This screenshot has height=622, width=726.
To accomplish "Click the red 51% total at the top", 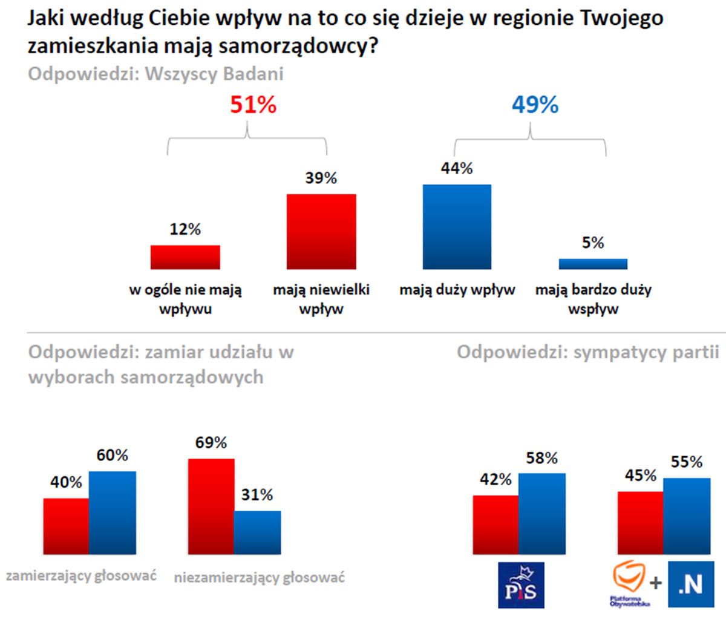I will [x=253, y=105].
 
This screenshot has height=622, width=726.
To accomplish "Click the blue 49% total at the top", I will [x=535, y=105].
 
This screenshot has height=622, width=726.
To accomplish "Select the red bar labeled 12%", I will [x=185, y=257].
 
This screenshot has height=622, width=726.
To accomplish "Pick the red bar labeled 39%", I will [x=321, y=231].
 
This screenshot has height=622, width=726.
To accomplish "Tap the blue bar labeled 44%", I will [x=457, y=226].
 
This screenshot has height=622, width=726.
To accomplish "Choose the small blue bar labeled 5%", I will [x=593, y=264].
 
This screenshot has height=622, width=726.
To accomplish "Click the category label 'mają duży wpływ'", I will [x=457, y=290].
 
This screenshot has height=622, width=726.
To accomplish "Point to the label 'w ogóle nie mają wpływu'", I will [x=185, y=299].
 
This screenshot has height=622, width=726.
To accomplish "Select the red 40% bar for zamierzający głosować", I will [x=66, y=526].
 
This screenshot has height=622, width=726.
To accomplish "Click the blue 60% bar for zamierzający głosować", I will [x=113, y=513].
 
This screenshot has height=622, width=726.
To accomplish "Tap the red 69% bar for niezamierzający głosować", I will [x=211, y=507].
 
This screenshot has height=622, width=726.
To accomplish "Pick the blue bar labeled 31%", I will [x=258, y=532].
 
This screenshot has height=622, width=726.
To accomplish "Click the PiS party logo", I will [x=521, y=585].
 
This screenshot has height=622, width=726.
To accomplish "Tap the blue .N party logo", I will [x=690, y=585].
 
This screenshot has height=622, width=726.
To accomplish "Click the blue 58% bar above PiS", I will [x=542, y=514].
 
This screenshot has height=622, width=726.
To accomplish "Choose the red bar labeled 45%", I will [x=640, y=523].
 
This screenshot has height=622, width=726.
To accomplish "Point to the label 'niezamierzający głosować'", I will [x=260, y=577].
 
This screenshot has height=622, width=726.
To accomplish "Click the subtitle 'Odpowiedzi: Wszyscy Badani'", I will [x=155, y=74].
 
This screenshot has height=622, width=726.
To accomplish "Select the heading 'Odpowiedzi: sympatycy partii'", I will [x=588, y=352].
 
